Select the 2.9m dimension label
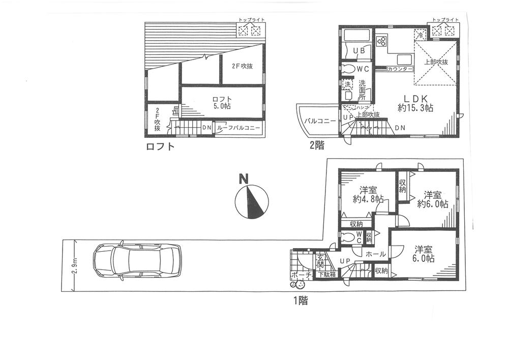coord(75,265)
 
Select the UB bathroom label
coord(359,51)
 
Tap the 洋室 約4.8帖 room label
coord(368,195)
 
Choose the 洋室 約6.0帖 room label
coord(432,199)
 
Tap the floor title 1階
coord(300,300)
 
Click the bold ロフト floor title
coord(160,147)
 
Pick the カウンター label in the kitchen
coord(399,69)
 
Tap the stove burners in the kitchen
coord(382,40)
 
